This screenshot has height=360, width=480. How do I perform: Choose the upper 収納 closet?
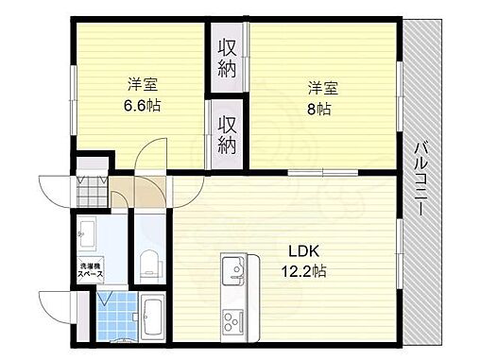point(228,57)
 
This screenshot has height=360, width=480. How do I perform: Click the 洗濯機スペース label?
point(91,270)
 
